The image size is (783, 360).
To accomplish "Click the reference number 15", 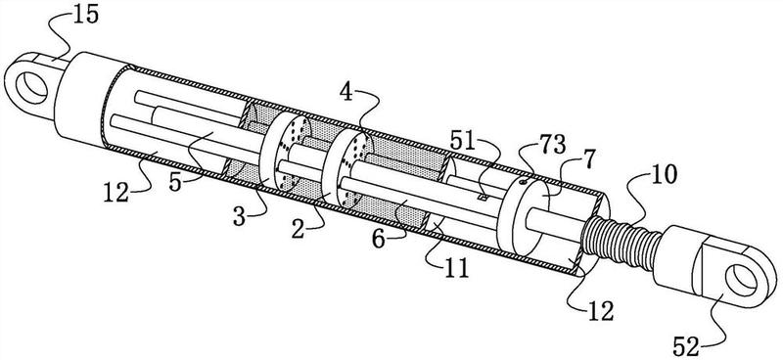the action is pos(85,15).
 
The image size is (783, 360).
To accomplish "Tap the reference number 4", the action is pos(345,93).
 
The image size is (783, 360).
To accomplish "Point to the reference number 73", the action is pos(553,147).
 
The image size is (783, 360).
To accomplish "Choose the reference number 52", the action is pos(685,347).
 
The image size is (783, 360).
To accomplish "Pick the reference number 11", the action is pos(456,269).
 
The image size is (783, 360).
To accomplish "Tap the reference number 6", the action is pos(379,240).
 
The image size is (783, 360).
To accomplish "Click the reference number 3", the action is pos(240,218).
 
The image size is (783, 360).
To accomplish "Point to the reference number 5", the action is pos(176,182).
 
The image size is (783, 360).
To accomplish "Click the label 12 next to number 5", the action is pos(116,192).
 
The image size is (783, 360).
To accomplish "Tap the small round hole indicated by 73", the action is pos(523,182).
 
